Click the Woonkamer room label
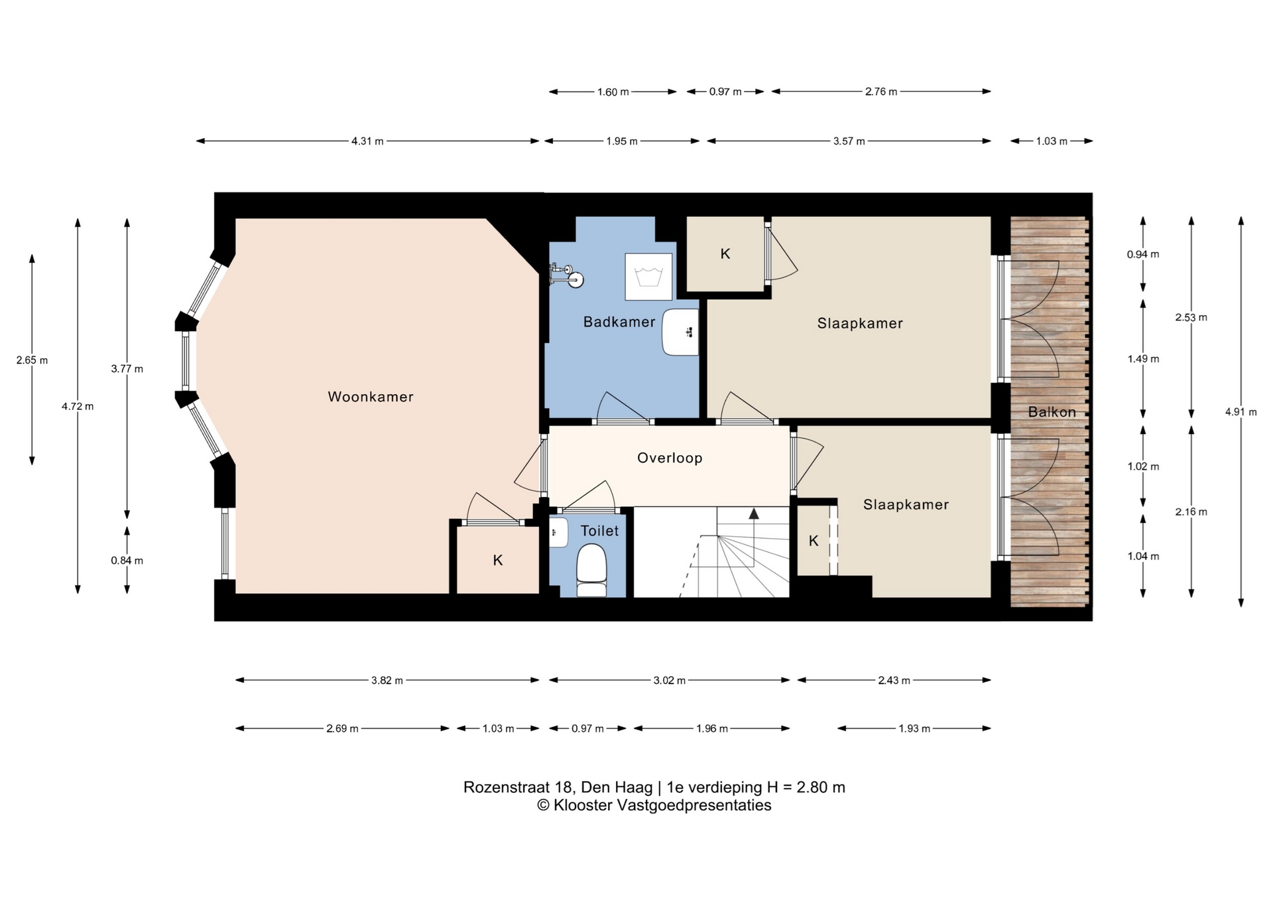point(371,397)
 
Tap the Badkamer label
point(619,322)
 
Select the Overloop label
point(670,458)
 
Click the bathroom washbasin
point(680,332)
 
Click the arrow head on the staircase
point(754,513)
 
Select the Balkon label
point(1052,412)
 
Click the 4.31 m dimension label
point(367,141)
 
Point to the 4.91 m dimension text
point(1241,412)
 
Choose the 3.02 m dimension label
point(669,681)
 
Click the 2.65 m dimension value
point(32,360)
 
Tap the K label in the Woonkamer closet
point(498,561)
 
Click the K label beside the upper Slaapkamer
point(725,253)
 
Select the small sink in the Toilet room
point(558,532)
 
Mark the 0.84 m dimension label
point(127,561)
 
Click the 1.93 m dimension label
point(914,728)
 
